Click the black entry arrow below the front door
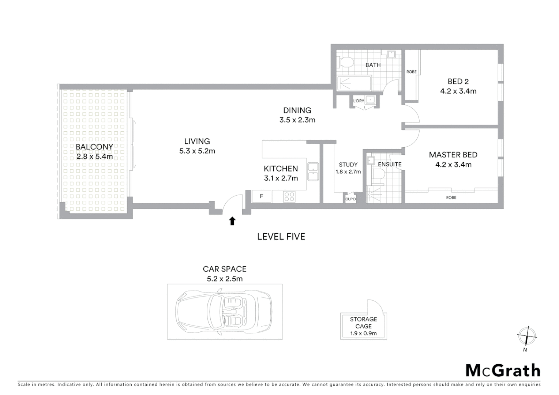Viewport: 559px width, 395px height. click(x=232, y=221)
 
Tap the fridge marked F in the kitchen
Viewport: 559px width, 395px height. click(x=262, y=196)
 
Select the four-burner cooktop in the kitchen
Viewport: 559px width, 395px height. click(x=289, y=197)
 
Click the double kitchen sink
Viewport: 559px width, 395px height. click(x=313, y=172)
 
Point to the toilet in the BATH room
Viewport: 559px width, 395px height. click(x=346, y=62)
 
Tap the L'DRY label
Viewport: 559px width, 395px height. click(x=359, y=101)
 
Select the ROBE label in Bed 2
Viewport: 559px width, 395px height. click(x=412, y=72)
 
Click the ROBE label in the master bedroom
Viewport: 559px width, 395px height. click(x=451, y=197)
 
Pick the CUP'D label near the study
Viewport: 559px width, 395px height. click(x=350, y=199)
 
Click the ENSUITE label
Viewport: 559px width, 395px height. click(x=390, y=165)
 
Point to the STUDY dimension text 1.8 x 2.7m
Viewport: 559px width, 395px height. click(x=348, y=172)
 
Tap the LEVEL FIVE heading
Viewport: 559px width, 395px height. click(x=281, y=237)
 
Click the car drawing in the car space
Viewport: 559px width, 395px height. click(x=224, y=312)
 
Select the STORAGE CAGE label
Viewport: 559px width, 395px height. click(x=363, y=323)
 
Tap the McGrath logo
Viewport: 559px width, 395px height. click(x=503, y=370)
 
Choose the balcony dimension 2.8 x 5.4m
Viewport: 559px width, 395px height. click(x=95, y=157)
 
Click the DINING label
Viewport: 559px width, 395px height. click(x=297, y=110)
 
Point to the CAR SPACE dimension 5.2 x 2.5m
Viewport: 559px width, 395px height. click(x=225, y=279)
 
